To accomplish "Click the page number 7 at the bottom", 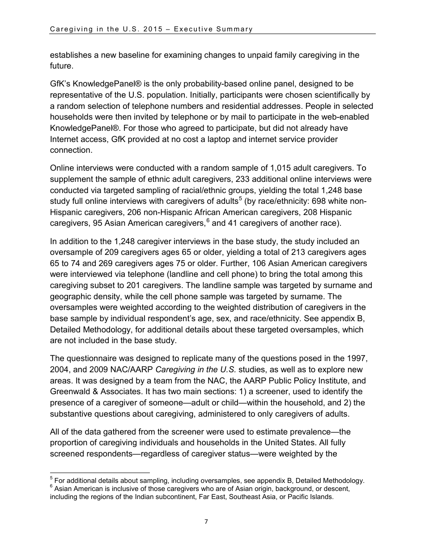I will (206, 521).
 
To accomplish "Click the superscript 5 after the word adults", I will (240, 198).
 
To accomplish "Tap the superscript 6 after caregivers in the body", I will (207, 220).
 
